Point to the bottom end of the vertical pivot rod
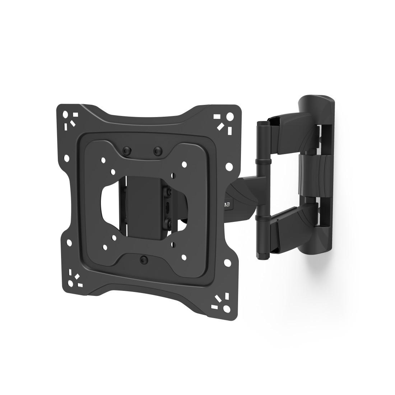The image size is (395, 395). point(262,256)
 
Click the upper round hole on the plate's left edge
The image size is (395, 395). point(66,158)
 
